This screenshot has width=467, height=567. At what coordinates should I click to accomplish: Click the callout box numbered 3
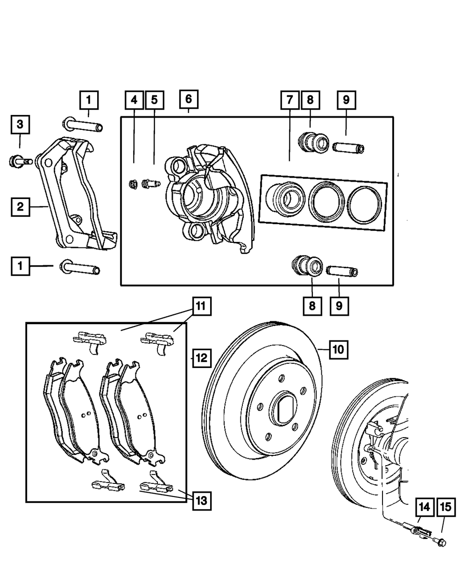pyautogui.click(x=21, y=125)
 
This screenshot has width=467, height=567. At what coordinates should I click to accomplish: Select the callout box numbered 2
pyautogui.click(x=21, y=207)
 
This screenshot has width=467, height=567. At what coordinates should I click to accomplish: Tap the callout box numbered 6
pyautogui.click(x=189, y=99)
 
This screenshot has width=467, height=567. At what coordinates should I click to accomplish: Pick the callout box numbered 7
pyautogui.click(x=290, y=100)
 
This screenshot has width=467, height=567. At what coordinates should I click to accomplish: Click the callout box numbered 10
pyautogui.click(x=339, y=350)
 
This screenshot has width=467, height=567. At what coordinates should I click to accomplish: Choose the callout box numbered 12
pyautogui.click(x=202, y=358)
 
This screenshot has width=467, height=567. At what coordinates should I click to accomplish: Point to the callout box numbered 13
pyautogui.click(x=202, y=501)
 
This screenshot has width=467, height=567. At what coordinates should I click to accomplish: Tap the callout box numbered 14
pyautogui.click(x=425, y=507)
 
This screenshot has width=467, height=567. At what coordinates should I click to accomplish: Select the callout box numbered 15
pyautogui.click(x=446, y=507)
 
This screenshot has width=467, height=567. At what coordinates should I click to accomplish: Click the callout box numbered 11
pyautogui.click(x=202, y=306)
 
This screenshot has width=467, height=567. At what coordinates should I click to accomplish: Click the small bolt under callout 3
pyautogui.click(x=21, y=162)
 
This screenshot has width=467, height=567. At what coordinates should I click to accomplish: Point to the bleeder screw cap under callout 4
pyautogui.click(x=133, y=184)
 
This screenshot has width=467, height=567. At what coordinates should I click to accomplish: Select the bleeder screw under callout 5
pyautogui.click(x=151, y=184)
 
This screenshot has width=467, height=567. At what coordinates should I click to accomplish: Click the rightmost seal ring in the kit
pyautogui.click(x=364, y=205)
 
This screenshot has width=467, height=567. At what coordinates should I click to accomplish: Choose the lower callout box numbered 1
pyautogui.click(x=21, y=266)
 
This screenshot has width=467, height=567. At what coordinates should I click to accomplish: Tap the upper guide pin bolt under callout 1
pyautogui.click(x=83, y=124)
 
